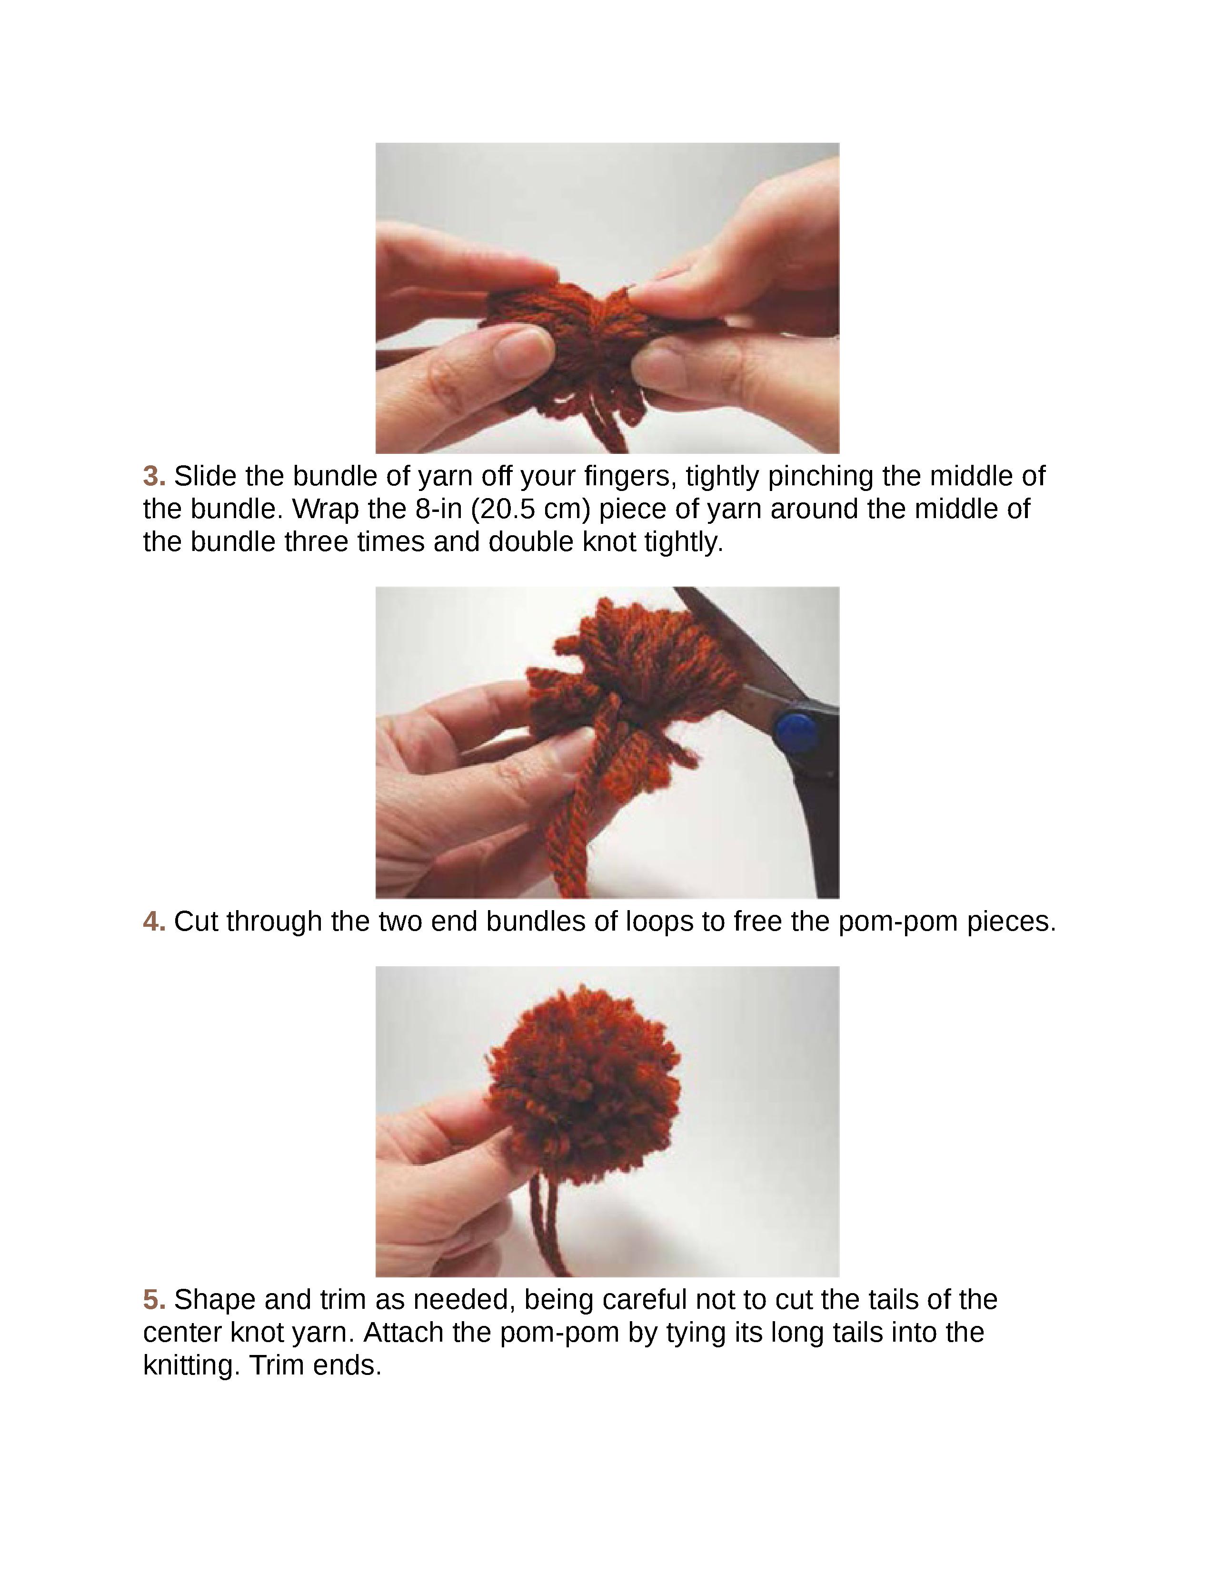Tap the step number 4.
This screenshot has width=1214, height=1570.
coord(154,922)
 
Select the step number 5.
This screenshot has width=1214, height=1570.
coord(154,1300)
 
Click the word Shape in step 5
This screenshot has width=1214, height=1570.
coord(214,1300)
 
